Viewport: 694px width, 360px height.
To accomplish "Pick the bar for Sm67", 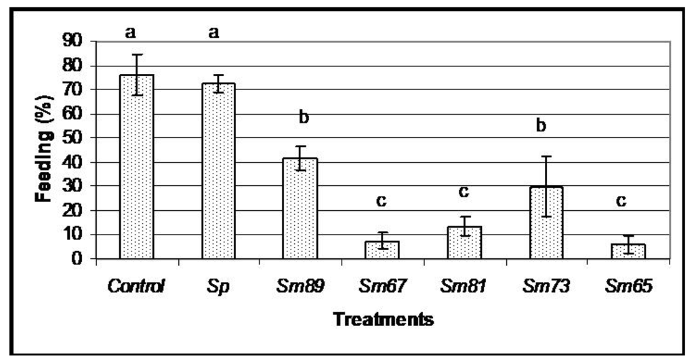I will tap(382, 249).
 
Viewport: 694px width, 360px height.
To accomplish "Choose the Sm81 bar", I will tap(464, 243).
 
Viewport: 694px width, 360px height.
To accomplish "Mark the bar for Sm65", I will tap(628, 251).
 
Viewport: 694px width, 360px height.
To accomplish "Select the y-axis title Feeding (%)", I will tap(45, 150).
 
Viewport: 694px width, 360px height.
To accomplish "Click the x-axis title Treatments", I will tap(383, 319).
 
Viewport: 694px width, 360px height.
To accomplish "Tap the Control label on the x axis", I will tap(136, 287).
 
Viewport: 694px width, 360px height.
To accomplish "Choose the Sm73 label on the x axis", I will tap(546, 287).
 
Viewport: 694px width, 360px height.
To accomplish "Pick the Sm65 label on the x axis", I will tap(628, 287).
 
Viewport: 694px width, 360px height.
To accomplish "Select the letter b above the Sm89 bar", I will tap(304, 118).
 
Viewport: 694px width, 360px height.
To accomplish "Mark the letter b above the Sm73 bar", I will tap(541, 126).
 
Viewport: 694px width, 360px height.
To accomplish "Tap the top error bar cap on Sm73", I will tap(546, 157).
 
